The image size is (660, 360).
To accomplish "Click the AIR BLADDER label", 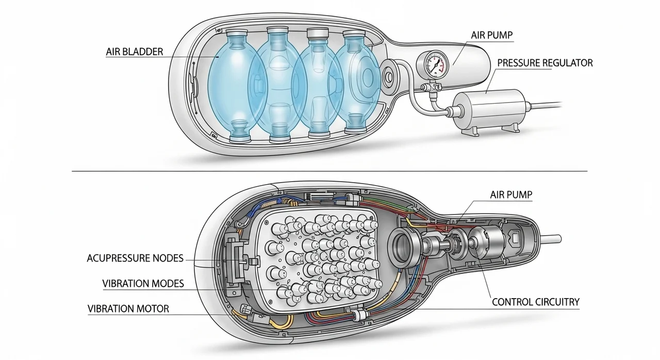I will pyautogui.click(x=134, y=52).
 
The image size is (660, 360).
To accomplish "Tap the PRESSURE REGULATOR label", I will pyautogui.click(x=544, y=63).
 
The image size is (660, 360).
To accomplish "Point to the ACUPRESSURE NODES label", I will pyautogui.click(x=135, y=258).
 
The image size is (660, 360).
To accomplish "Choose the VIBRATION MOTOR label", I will pyautogui.click(x=128, y=308).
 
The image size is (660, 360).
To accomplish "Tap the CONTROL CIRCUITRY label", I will pyautogui.click(x=536, y=302).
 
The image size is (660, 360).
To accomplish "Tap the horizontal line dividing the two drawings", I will pyautogui.click(x=330, y=171).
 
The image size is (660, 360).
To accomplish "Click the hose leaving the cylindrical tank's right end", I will pyautogui.click(x=547, y=105).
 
